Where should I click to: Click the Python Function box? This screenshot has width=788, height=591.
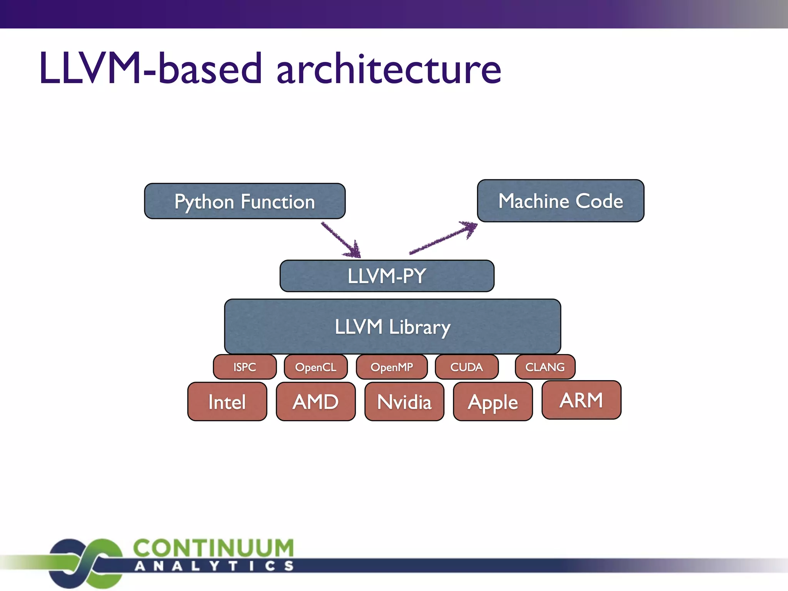245,201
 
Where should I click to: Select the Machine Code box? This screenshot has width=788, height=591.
561,201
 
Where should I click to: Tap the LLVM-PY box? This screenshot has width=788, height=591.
387,276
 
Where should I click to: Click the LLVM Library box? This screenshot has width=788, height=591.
392,326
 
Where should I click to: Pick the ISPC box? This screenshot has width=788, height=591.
245,367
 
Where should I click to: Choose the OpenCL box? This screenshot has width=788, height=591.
316,367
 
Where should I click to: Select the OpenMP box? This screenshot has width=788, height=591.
392,367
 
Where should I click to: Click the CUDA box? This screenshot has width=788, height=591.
467,367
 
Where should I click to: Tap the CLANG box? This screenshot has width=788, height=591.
545,367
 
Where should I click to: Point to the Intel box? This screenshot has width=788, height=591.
227,402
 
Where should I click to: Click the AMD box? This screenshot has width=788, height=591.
316,402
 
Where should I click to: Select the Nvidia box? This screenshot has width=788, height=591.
404,402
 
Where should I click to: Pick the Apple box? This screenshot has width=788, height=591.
493,402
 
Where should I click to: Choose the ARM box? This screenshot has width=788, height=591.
581,400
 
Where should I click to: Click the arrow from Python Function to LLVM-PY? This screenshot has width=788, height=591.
341,240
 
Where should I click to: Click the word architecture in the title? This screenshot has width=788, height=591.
389,69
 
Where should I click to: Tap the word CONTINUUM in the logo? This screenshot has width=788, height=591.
214,548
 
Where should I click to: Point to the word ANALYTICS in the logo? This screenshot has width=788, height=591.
214,566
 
